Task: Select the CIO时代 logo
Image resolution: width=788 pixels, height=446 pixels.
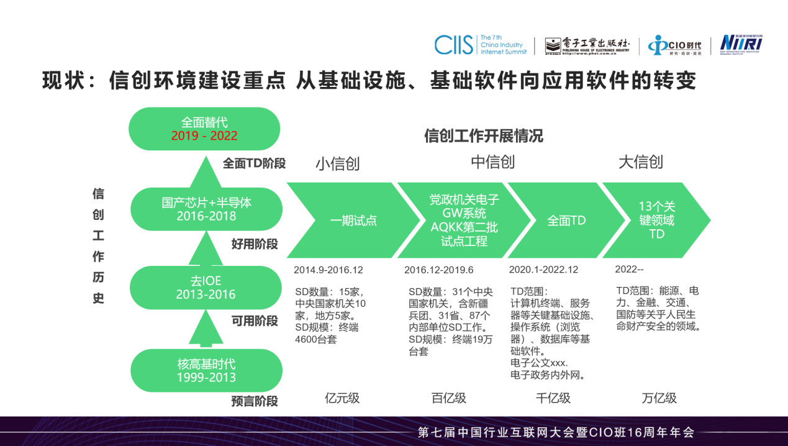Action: point(674,45)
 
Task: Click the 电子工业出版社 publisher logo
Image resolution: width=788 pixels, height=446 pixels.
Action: point(587,45)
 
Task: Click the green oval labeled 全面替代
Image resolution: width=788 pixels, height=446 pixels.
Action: point(204,129)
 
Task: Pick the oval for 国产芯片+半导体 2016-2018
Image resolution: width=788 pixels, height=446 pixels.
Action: point(206,209)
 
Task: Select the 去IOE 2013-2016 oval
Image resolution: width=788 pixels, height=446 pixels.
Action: point(206,288)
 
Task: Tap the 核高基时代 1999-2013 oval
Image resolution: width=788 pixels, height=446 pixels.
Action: point(206,370)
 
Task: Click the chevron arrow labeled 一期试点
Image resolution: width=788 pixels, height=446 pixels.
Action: point(353,221)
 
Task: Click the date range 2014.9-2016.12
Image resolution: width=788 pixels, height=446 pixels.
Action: point(328,270)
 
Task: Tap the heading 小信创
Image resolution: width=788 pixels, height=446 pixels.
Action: point(338,163)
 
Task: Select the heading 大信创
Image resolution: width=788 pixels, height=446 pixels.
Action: point(641,163)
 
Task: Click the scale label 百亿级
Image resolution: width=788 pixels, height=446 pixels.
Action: point(449,398)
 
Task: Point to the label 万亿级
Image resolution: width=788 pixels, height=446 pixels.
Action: point(659,398)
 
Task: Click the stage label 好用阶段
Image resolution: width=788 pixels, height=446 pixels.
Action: point(255,244)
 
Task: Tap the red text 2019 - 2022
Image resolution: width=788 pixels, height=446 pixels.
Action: point(204,135)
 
